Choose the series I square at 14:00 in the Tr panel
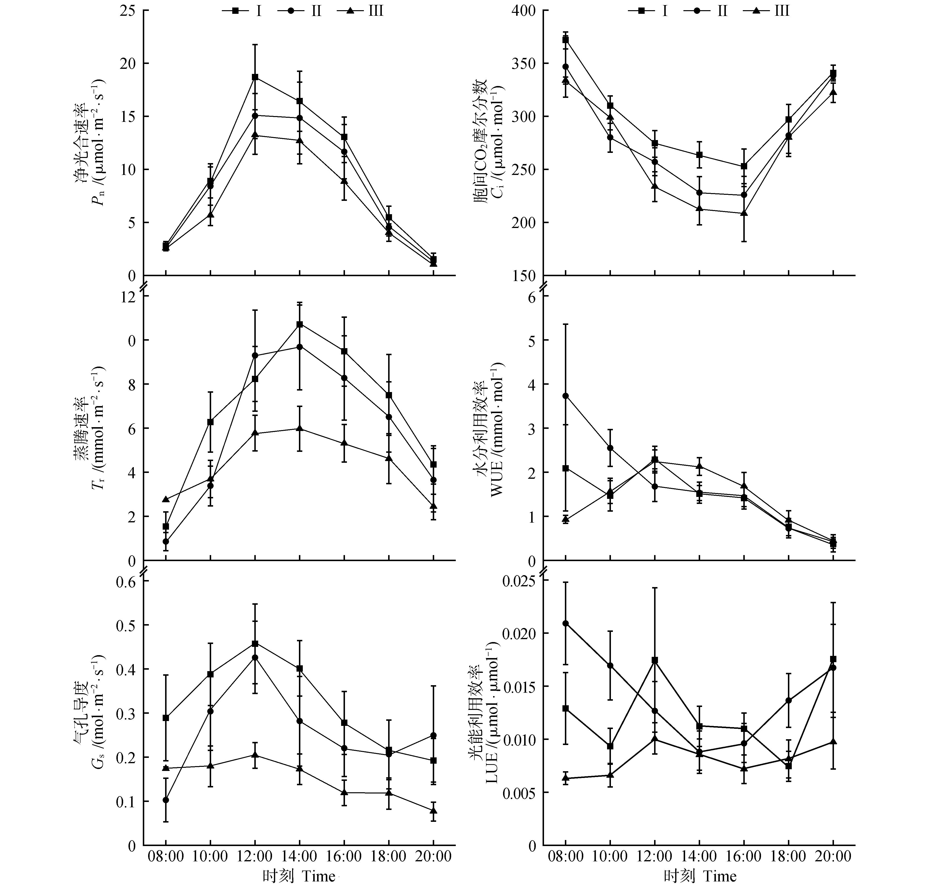coord(299,324)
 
